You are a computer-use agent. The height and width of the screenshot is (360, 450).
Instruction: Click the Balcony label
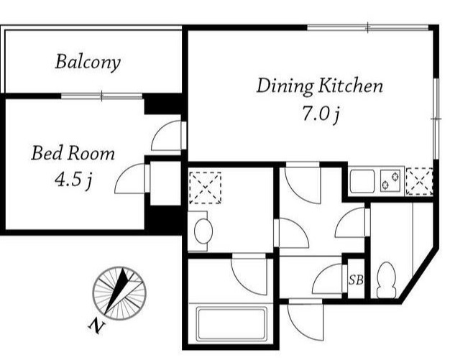pyautogui.click(x=88, y=62)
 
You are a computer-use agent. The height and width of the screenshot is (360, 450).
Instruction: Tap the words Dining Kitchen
pyautogui.click(x=319, y=86)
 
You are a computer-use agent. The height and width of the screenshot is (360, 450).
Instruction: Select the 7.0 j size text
pyautogui.click(x=321, y=114)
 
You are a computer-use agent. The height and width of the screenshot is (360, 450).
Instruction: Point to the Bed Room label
pyautogui.click(x=73, y=153)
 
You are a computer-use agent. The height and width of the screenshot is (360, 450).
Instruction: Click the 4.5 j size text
pyautogui.click(x=73, y=180)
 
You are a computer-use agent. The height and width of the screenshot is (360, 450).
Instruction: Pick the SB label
pyautogui.click(x=356, y=280)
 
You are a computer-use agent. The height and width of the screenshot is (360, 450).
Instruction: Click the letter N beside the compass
pyautogui.click(x=96, y=326)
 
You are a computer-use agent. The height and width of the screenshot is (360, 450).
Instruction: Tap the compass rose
pyautogui.click(x=119, y=293)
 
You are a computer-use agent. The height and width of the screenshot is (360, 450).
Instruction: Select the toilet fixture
pyautogui.click(x=386, y=280)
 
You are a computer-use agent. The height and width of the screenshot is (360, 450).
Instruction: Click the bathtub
pyautogui.click(x=230, y=323)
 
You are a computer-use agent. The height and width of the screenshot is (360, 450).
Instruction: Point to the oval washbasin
pyautogui.click(x=203, y=231)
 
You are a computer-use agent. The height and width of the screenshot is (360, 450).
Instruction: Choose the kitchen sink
pyautogui.click(x=362, y=181)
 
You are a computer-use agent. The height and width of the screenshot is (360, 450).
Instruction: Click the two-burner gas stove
pyautogui.click(x=391, y=180)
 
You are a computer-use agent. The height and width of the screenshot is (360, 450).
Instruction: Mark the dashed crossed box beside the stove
pyautogui.click(x=420, y=181)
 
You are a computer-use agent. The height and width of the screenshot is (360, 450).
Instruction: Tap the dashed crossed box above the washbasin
pyautogui.click(x=205, y=188)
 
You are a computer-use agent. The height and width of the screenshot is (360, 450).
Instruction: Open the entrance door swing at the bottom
pyautogui.click(x=306, y=320)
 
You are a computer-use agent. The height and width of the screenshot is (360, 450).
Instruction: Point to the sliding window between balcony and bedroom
pyautogui.click(x=102, y=96)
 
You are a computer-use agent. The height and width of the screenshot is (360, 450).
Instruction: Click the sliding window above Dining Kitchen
pyautogui.click(x=368, y=27)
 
